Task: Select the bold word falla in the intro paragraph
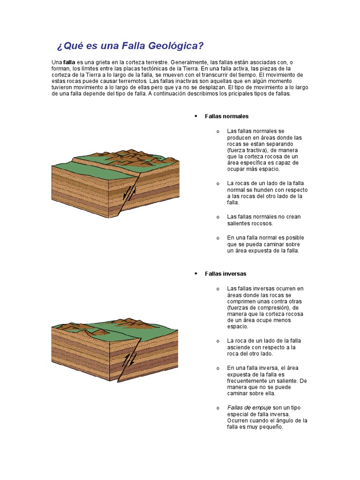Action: (x=69, y=62)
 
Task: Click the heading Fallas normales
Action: (x=226, y=116)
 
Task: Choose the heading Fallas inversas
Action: (x=225, y=273)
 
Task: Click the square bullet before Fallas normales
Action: (x=195, y=116)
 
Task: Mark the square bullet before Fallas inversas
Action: (x=195, y=273)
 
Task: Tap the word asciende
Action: (x=240, y=347)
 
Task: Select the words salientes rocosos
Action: (x=250, y=223)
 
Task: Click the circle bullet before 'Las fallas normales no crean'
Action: (x=218, y=217)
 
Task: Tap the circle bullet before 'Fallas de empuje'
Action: (x=218, y=408)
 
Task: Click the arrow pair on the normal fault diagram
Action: (x=130, y=192)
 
